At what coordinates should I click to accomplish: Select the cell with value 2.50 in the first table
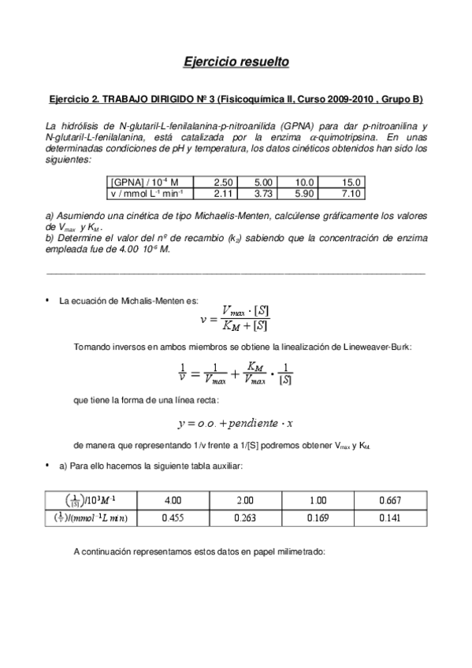218,180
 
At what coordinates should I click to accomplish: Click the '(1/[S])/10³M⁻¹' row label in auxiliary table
90,499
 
